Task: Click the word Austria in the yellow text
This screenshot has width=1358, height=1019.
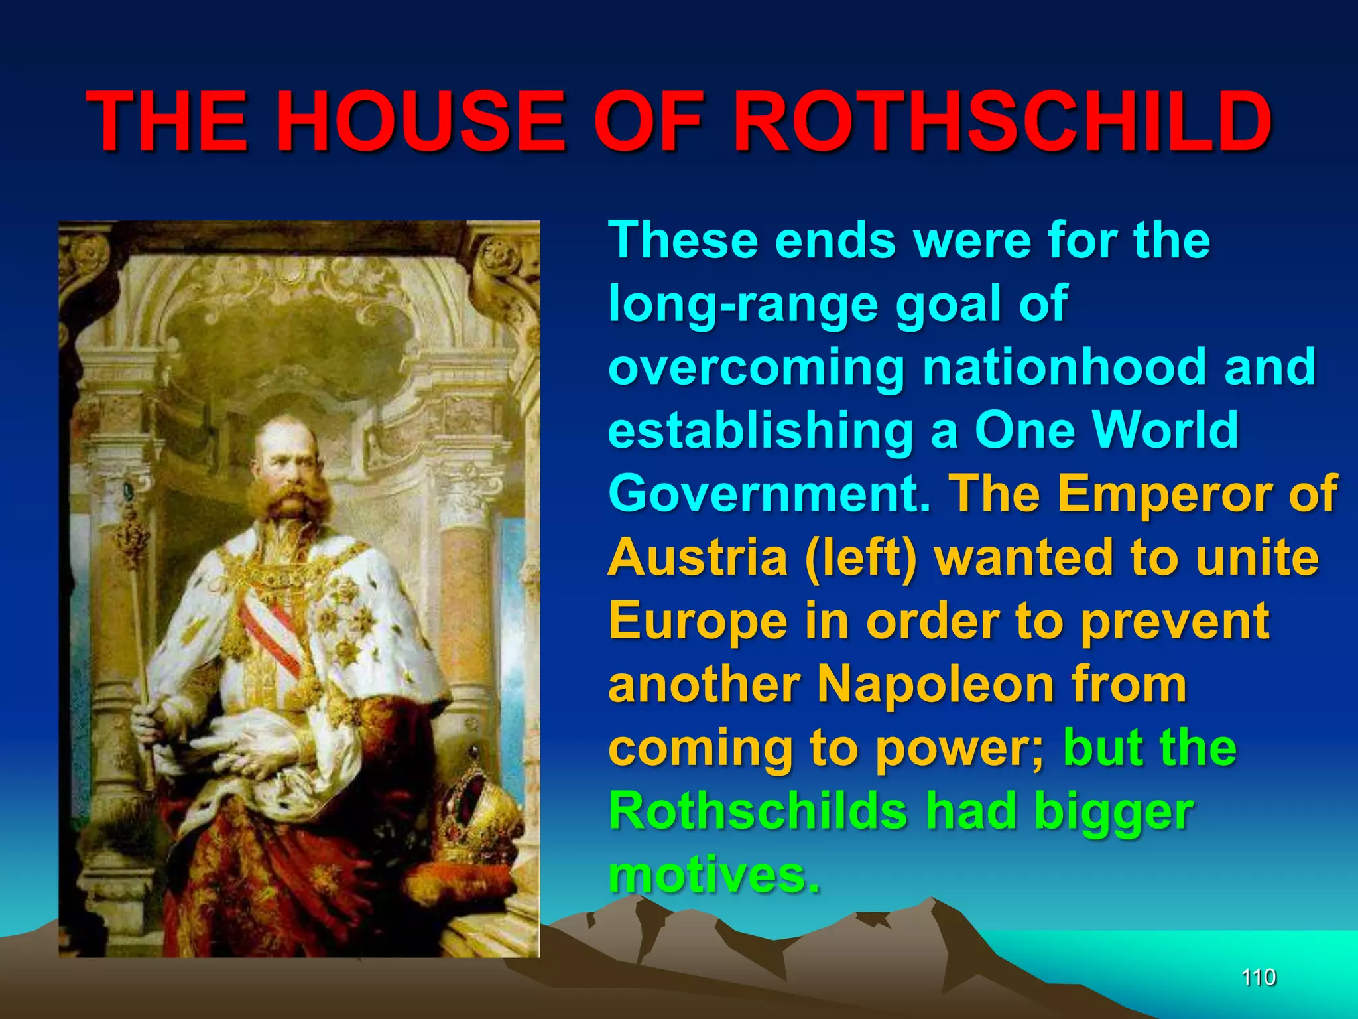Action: coord(698,557)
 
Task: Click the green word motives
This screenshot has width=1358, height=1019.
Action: coord(715,874)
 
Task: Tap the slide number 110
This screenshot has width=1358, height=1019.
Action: coord(1259,977)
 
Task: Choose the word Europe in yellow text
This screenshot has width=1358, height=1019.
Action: coord(698,620)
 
